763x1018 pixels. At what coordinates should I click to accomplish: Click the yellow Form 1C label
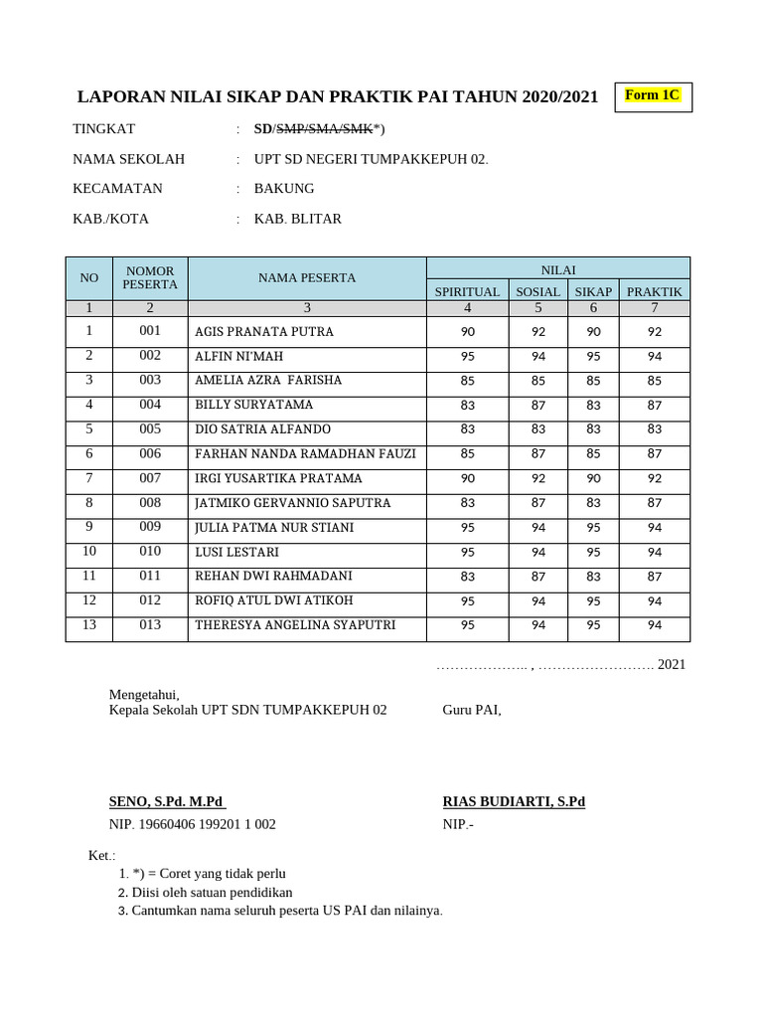pyautogui.click(x=653, y=95)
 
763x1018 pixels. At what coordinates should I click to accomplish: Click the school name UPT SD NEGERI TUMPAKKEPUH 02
pyautogui.click(x=371, y=159)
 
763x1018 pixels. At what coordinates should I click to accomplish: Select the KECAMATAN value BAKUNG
pyautogui.click(x=284, y=189)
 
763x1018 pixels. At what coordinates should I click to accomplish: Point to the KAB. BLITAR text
pyautogui.click(x=298, y=219)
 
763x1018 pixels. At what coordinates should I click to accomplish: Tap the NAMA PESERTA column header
pyautogui.click(x=307, y=278)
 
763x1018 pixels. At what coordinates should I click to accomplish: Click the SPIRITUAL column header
pyautogui.click(x=467, y=291)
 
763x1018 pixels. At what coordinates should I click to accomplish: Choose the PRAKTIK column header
pyautogui.click(x=654, y=291)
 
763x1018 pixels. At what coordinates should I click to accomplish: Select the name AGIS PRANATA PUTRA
pyautogui.click(x=264, y=332)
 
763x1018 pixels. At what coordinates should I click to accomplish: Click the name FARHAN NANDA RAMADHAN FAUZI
pyautogui.click(x=305, y=454)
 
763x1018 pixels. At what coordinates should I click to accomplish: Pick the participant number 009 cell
pyautogui.click(x=150, y=527)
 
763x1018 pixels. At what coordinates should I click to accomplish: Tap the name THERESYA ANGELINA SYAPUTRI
pyautogui.click(x=295, y=625)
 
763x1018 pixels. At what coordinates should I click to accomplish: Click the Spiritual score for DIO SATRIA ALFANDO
pyautogui.click(x=468, y=429)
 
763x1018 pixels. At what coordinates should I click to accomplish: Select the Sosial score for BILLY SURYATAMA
pyautogui.click(x=537, y=406)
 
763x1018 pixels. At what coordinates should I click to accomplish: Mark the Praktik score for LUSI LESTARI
pyautogui.click(x=654, y=553)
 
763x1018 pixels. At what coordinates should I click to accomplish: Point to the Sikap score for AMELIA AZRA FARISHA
pyautogui.click(x=593, y=381)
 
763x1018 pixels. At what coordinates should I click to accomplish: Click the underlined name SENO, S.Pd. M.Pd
pyautogui.click(x=167, y=802)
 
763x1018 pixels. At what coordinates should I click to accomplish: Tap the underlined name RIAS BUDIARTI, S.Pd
pyautogui.click(x=514, y=802)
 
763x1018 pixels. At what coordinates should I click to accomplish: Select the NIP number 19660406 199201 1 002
pyautogui.click(x=192, y=824)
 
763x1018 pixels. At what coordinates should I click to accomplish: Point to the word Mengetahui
pyautogui.click(x=143, y=695)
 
